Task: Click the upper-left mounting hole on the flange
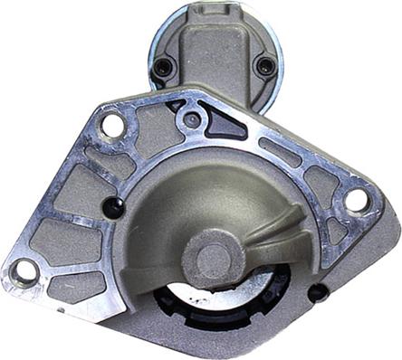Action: (x=112, y=125)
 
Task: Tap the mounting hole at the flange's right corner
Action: (x=357, y=200)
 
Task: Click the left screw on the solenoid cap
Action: (x=163, y=67)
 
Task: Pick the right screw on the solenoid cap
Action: (x=264, y=66)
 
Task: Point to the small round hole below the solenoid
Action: (x=191, y=118)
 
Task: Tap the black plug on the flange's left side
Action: (x=112, y=207)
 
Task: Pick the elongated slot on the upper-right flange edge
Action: (x=280, y=151)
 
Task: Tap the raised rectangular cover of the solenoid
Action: (x=214, y=54)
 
